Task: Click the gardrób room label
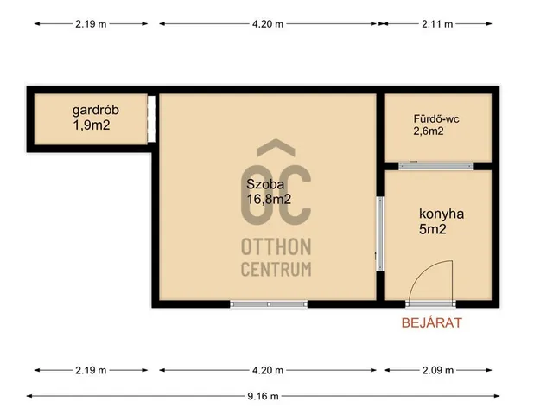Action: coord(96,111)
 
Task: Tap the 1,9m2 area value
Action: coord(92,125)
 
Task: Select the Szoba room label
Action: coord(265,184)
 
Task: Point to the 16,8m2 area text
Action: coord(269,200)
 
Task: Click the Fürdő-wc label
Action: coord(436,119)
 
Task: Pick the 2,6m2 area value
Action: coord(429,131)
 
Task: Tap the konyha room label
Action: coord(442,214)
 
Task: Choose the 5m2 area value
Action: coord(433,229)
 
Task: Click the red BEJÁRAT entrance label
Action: coord(432,322)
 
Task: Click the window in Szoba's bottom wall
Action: coord(269,303)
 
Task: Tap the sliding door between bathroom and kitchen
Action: coord(435,166)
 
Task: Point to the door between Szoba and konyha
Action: coord(380,233)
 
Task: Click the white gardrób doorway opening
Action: coord(151,119)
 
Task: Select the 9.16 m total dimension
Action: coord(263,396)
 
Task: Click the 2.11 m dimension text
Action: coord(437,24)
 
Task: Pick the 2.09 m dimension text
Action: coord(438,370)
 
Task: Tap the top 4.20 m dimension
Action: coord(268,24)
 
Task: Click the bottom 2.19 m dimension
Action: coord(91,370)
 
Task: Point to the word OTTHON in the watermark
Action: coord(276,246)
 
